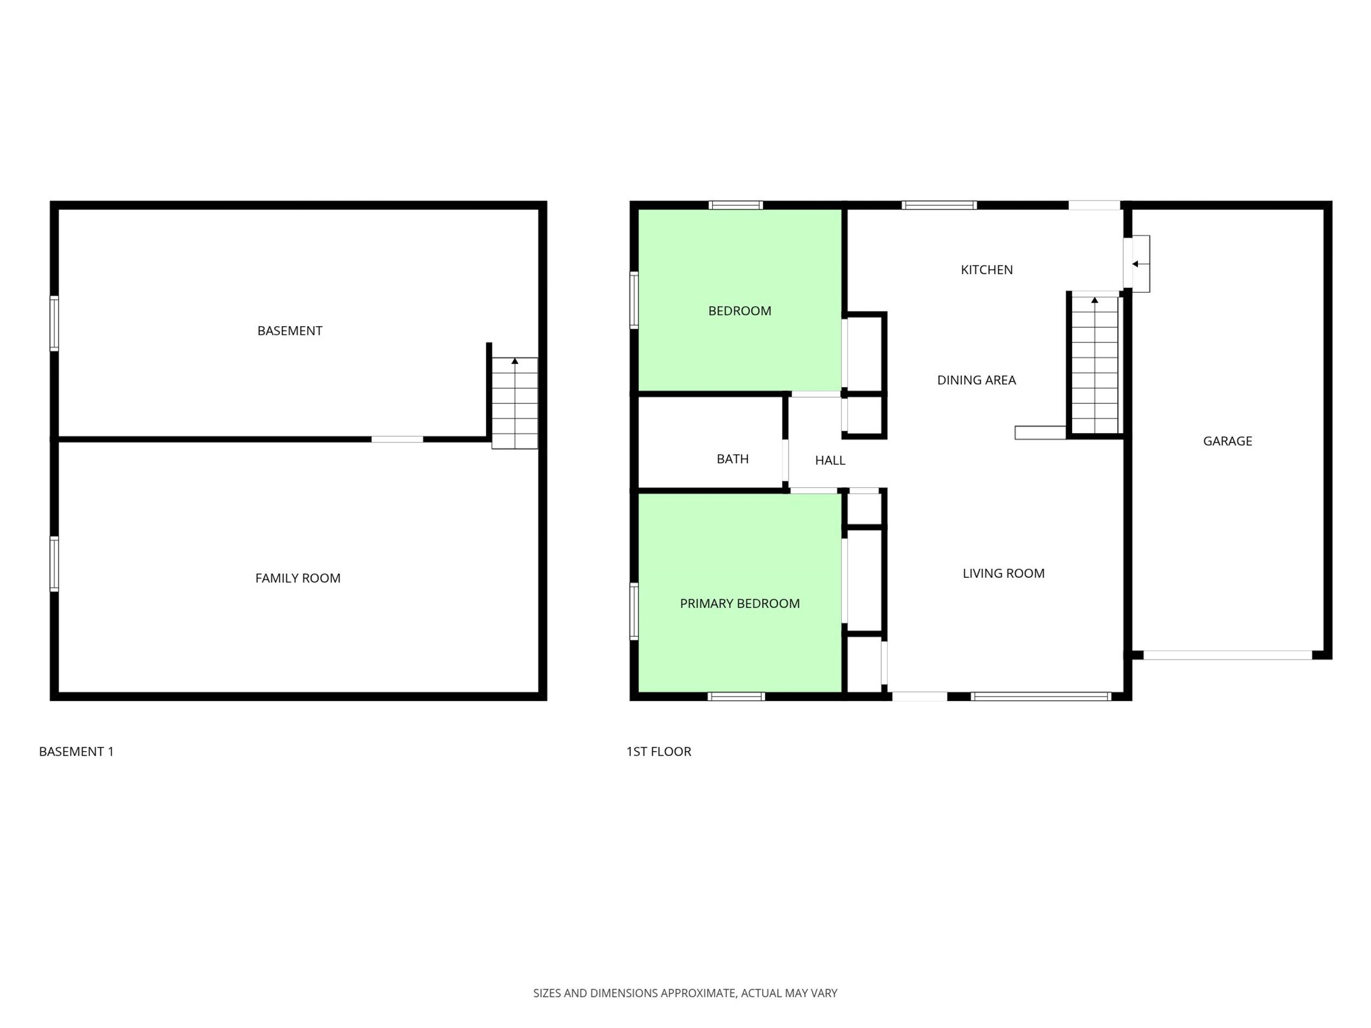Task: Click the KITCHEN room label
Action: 987,270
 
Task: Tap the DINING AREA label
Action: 976,380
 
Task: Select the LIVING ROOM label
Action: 1004,573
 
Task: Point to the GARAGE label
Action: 1227,441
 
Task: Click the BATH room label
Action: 733,459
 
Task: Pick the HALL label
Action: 830,461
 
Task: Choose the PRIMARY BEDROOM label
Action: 739,604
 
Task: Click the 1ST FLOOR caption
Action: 658,752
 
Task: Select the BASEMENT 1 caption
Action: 76,752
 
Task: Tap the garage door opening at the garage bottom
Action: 1227,655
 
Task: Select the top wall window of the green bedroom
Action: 736,205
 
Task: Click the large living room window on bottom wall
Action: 1041,696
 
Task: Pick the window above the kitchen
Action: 939,205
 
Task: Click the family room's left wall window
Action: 54,563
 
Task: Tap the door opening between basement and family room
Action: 397,439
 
